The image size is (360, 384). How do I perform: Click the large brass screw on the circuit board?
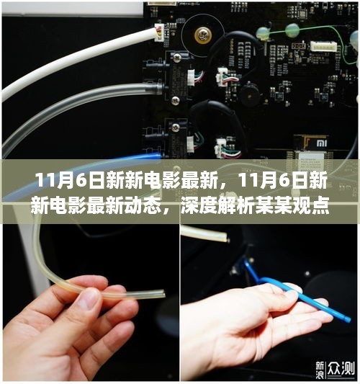tap(203, 35)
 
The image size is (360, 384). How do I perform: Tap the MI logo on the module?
tap(322, 143)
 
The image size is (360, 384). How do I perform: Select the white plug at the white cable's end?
tap(159, 32)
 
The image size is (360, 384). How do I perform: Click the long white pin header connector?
tap(323, 46)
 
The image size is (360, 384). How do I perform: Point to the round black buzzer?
tap(250, 94)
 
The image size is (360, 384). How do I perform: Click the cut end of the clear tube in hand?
tap(163, 294)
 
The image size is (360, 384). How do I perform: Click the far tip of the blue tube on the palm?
tap(348, 320)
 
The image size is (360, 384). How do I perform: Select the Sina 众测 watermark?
tap(335, 369)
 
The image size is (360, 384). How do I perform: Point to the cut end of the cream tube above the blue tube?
tap(226, 238)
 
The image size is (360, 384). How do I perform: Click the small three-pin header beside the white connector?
tap(298, 46)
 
